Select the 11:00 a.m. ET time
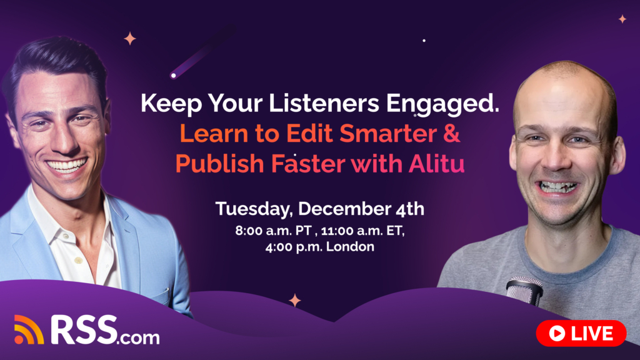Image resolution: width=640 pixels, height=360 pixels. coord(359,230)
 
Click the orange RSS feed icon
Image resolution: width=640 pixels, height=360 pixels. coord(29,329)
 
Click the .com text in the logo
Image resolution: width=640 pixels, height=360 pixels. coord(139,337)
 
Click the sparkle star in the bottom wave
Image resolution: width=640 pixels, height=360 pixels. coord(294,301)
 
